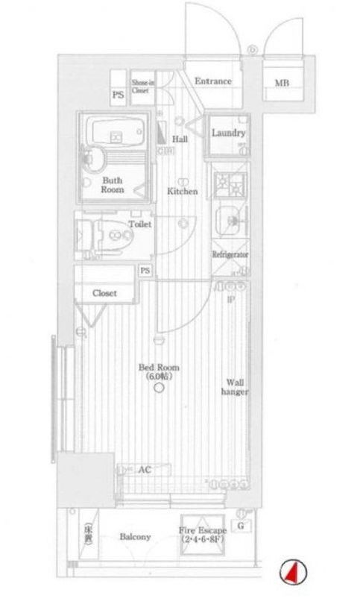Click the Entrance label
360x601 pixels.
[x=212, y=81]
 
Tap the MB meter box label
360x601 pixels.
[x=282, y=83]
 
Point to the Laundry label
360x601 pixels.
[x=228, y=133]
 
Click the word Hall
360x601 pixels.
[x=180, y=139]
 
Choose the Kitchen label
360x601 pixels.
[x=182, y=191]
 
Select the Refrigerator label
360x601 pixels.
[x=230, y=254]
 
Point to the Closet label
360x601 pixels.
[x=104, y=293]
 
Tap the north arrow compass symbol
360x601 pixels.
[x=292, y=573]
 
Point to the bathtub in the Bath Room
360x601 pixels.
[x=113, y=133]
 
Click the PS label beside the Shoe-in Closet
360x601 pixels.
[x=117, y=95]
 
